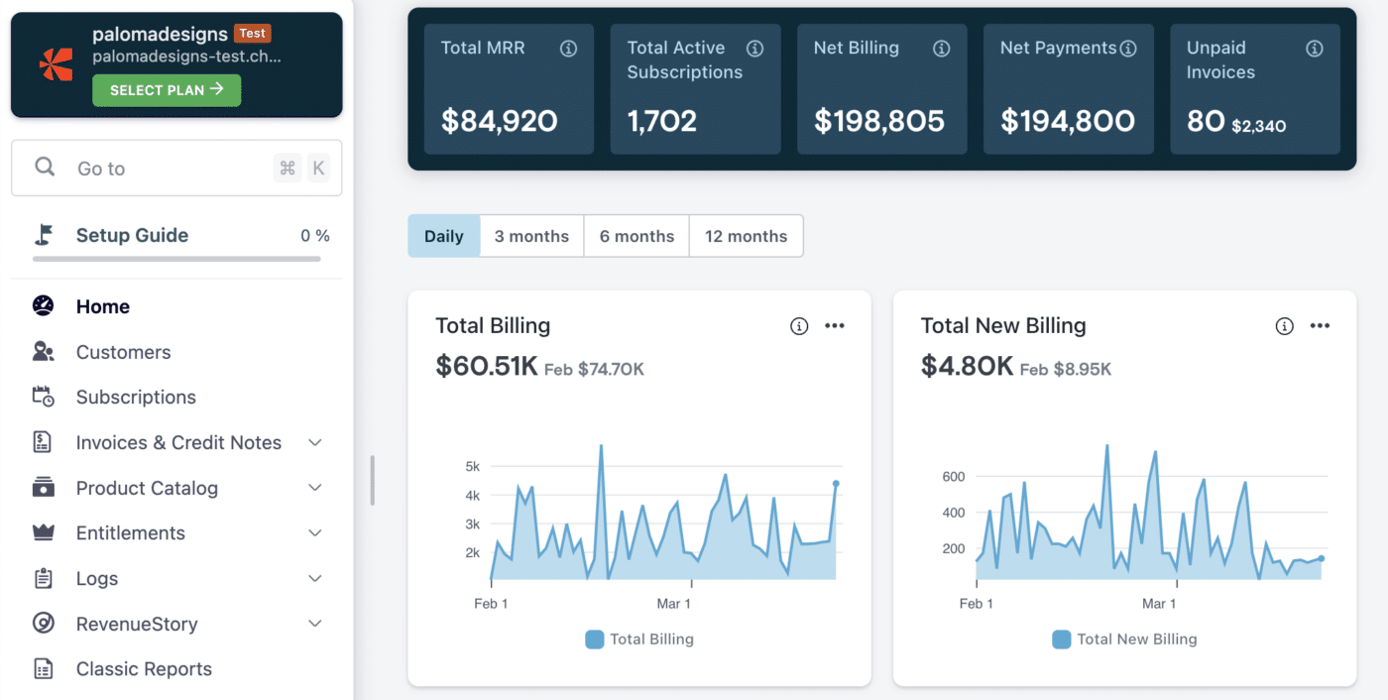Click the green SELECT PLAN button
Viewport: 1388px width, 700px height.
(167, 90)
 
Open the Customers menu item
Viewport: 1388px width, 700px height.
(123, 352)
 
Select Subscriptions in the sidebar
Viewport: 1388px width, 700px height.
(136, 398)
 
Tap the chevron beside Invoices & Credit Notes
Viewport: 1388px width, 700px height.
(315, 443)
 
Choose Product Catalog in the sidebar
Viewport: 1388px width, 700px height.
(147, 488)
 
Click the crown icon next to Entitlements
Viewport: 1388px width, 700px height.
(43, 533)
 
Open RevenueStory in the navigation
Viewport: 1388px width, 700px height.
(137, 624)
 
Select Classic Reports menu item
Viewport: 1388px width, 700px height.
(144, 669)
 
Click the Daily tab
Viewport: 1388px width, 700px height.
(444, 236)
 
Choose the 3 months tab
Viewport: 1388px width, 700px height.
(531, 236)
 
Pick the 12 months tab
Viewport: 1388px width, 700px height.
(746, 236)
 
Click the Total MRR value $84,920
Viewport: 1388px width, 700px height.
(500, 121)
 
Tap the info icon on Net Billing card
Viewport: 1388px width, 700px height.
(942, 49)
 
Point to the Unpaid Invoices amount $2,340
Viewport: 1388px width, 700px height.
(1258, 126)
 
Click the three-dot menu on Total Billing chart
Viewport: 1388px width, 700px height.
(835, 326)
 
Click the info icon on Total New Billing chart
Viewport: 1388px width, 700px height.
(1284, 326)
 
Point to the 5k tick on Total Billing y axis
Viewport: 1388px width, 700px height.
(473, 466)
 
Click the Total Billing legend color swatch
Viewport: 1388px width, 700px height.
(595, 640)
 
